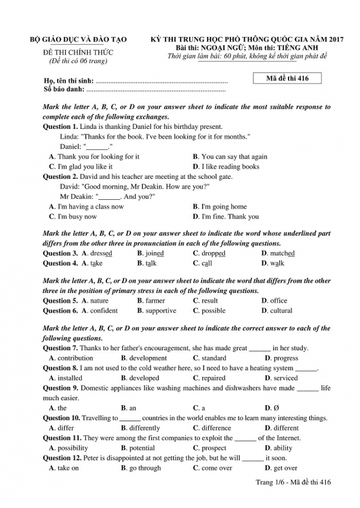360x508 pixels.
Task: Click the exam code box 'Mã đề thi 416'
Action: pos(287,79)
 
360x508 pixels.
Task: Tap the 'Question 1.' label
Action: pos(60,127)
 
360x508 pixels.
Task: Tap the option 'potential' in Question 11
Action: pos(142,448)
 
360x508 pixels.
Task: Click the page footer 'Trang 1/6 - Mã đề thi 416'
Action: pos(293,483)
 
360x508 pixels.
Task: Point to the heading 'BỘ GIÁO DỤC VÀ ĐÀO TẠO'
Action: pos(78,40)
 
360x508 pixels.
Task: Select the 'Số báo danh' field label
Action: pos(63,89)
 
